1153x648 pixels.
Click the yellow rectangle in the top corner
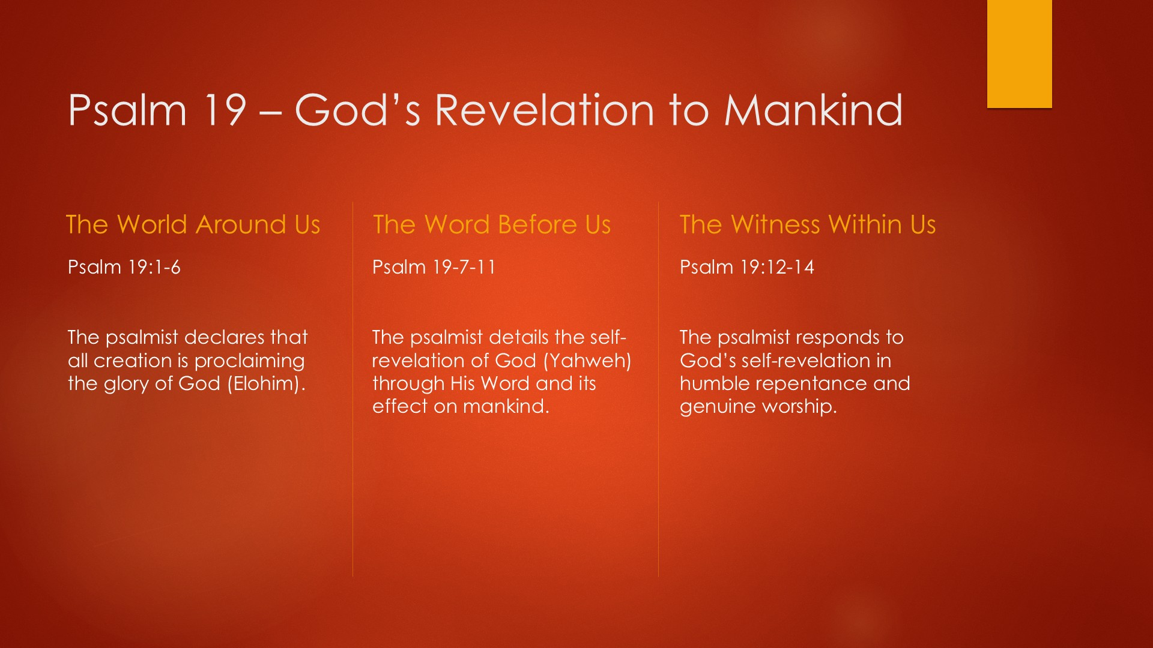coord(1019,54)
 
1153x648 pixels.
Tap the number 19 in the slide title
coord(225,110)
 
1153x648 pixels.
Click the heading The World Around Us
coord(193,224)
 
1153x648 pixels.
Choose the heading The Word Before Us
coord(492,224)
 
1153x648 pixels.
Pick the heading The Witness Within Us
coord(808,224)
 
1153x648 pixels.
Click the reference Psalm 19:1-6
coord(124,267)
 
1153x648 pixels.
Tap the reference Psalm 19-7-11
coord(434,267)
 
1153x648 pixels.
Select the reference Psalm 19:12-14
coord(747,267)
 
